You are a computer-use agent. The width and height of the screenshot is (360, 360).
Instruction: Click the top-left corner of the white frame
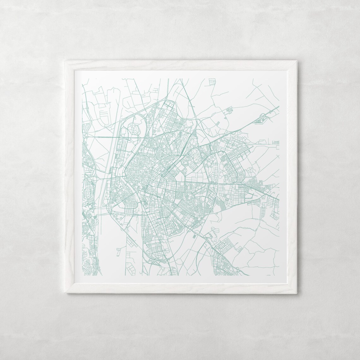64,60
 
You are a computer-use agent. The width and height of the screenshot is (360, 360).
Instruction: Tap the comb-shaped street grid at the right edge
276,142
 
